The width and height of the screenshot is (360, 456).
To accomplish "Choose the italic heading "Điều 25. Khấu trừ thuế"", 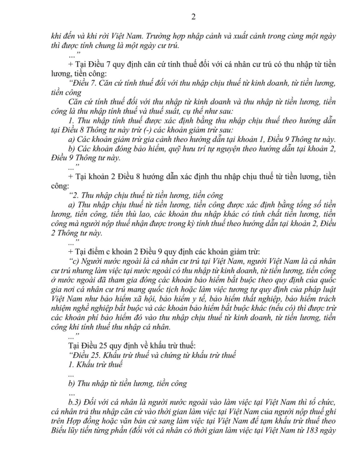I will point(109,354).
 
